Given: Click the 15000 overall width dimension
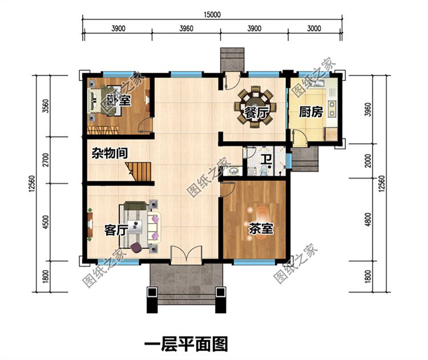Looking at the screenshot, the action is [x=212, y=14].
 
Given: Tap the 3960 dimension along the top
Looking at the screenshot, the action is [x=186, y=29].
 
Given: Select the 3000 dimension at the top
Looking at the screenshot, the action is [x=314, y=29].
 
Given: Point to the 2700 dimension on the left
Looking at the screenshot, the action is [x=46, y=160].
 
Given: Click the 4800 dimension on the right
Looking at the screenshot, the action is [x=368, y=220].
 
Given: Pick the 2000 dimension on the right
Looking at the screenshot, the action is [x=368, y=161].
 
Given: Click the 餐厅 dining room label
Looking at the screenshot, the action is [x=257, y=113].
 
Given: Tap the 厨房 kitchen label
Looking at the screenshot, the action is [x=311, y=112].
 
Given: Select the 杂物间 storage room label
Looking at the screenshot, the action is [x=109, y=153].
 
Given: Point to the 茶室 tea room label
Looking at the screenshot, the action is [x=261, y=229].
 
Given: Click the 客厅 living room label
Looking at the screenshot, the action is [x=116, y=230].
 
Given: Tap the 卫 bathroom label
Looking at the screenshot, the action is [x=265, y=160].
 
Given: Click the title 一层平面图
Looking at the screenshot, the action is [x=186, y=343].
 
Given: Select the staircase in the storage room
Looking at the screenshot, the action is [x=139, y=171].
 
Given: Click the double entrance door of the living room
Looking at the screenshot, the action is [x=187, y=255].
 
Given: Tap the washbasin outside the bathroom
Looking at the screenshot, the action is [x=233, y=171].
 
